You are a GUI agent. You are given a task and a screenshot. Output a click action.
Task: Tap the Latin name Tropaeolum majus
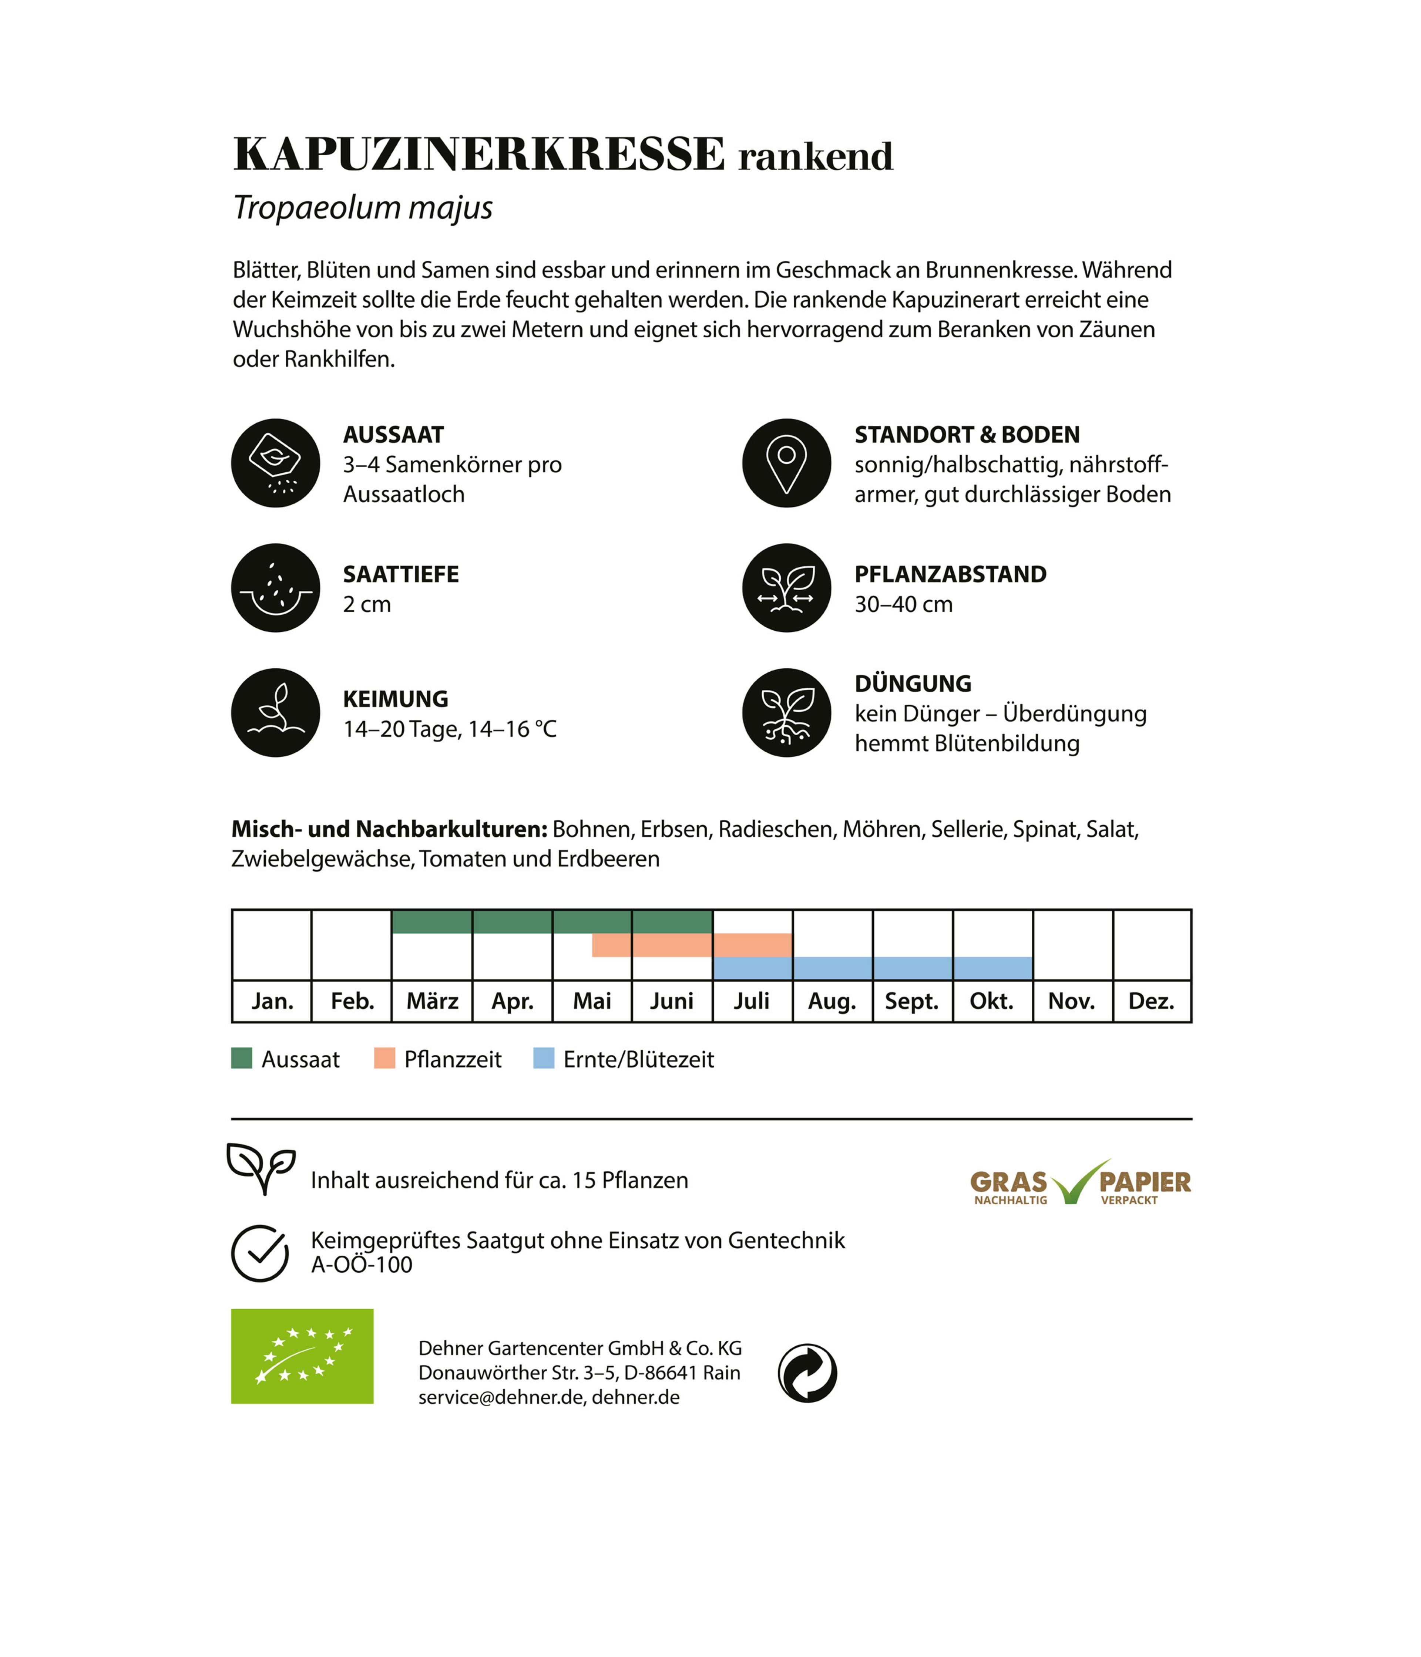[362, 207]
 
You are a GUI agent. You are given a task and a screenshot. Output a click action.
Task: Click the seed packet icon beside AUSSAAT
[275, 463]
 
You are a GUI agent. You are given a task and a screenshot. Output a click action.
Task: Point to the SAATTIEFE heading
[401, 574]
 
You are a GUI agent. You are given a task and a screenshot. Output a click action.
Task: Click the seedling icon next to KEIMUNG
[275, 712]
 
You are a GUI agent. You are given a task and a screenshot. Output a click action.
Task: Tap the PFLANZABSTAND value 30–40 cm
[903, 605]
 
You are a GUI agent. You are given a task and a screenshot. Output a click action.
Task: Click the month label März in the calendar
[432, 1001]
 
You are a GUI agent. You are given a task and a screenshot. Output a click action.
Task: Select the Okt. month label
[991, 1001]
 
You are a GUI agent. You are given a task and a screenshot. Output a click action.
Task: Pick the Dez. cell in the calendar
[1151, 1001]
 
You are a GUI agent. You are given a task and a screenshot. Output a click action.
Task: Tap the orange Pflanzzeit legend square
[384, 1059]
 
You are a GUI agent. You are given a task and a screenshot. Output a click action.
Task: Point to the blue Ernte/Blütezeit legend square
[543, 1059]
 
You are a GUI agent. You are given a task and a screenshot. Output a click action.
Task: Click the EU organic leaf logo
[302, 1356]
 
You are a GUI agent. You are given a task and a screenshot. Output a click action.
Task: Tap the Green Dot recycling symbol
[807, 1373]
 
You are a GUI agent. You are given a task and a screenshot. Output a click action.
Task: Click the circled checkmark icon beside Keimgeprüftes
[260, 1253]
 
